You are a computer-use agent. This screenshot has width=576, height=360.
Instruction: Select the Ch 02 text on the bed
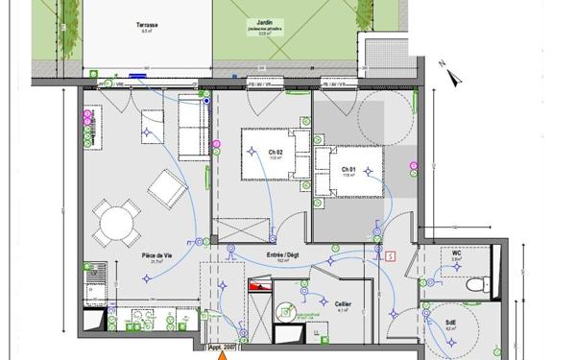tap(275, 153)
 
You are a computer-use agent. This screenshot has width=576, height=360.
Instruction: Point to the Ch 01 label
tap(348, 168)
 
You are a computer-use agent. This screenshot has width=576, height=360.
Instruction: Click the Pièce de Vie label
tap(156, 255)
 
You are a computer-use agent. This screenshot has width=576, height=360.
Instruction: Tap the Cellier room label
tap(344, 305)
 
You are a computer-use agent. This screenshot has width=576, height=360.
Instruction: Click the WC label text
tap(457, 253)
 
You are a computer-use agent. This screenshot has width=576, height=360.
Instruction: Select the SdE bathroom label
tap(450, 322)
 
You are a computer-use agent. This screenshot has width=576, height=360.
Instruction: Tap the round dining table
tap(117, 224)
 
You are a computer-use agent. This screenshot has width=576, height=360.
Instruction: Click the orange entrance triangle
tap(224, 354)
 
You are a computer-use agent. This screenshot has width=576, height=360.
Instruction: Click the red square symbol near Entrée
tap(390, 256)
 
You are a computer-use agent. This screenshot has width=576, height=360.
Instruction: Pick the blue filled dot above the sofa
tap(205, 99)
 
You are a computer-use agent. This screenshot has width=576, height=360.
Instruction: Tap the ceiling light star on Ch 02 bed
tap(252, 151)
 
